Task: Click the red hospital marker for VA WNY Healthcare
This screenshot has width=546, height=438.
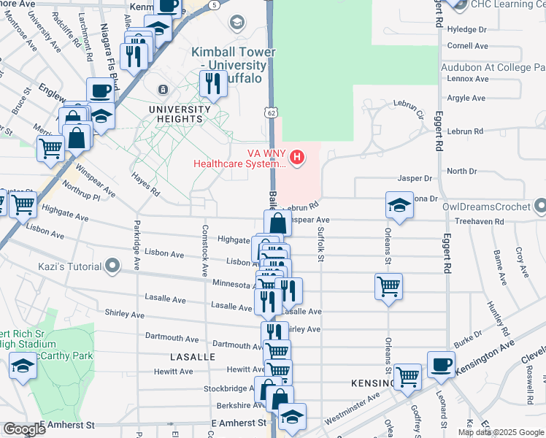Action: [297, 157]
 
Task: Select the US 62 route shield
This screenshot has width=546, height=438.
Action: [271, 112]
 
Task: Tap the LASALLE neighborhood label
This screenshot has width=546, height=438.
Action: [193, 357]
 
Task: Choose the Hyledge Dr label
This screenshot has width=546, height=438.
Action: [466, 30]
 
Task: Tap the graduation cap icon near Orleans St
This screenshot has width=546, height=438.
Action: [400, 206]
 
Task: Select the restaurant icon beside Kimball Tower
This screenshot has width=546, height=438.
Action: [213, 83]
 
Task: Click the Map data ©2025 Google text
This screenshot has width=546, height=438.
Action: [501, 432]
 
